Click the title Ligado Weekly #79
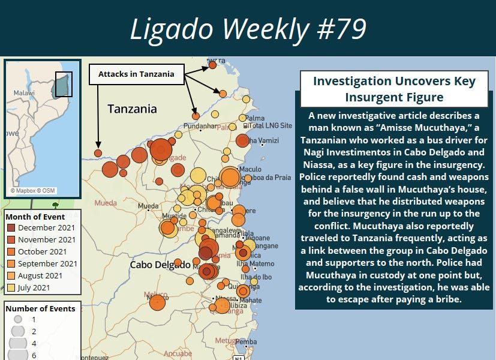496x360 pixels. [248, 28]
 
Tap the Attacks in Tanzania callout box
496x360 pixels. [136, 74]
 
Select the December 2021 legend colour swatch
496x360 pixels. [11, 228]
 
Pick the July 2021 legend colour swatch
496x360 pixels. [11, 288]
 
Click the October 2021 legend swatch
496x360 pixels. [11, 252]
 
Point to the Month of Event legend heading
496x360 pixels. [35, 217]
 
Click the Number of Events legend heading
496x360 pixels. [41, 308]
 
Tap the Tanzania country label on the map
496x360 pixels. [132, 109]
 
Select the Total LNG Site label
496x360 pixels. [272, 126]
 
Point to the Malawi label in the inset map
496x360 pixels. [24, 93]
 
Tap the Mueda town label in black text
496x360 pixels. [149, 206]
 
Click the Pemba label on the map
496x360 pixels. [246, 342]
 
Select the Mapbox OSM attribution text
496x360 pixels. [32, 191]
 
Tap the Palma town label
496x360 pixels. [255, 118]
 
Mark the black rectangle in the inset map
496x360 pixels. [64, 85]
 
